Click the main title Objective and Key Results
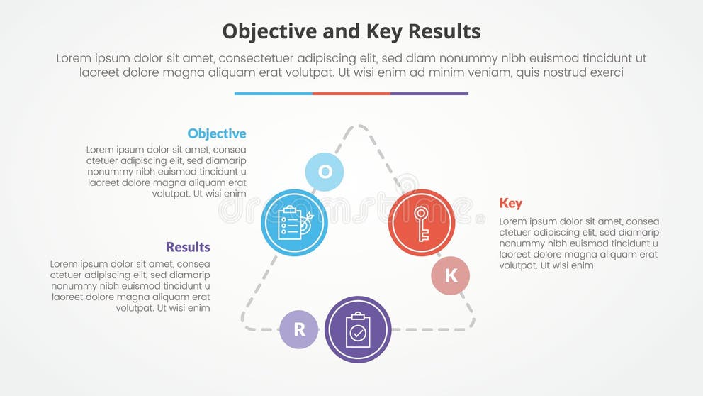(351, 31)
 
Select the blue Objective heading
(217, 133)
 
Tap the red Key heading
(511, 203)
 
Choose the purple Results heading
(188, 247)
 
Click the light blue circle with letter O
(325, 172)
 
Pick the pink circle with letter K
(451, 276)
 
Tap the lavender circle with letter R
(299, 329)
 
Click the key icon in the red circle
(421, 223)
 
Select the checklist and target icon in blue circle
(294, 223)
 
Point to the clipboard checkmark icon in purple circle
(358, 329)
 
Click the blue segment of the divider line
(274, 93)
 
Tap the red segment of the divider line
(351, 93)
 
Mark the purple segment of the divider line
(429, 93)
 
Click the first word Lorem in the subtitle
(74, 59)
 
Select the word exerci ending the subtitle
(604, 72)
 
